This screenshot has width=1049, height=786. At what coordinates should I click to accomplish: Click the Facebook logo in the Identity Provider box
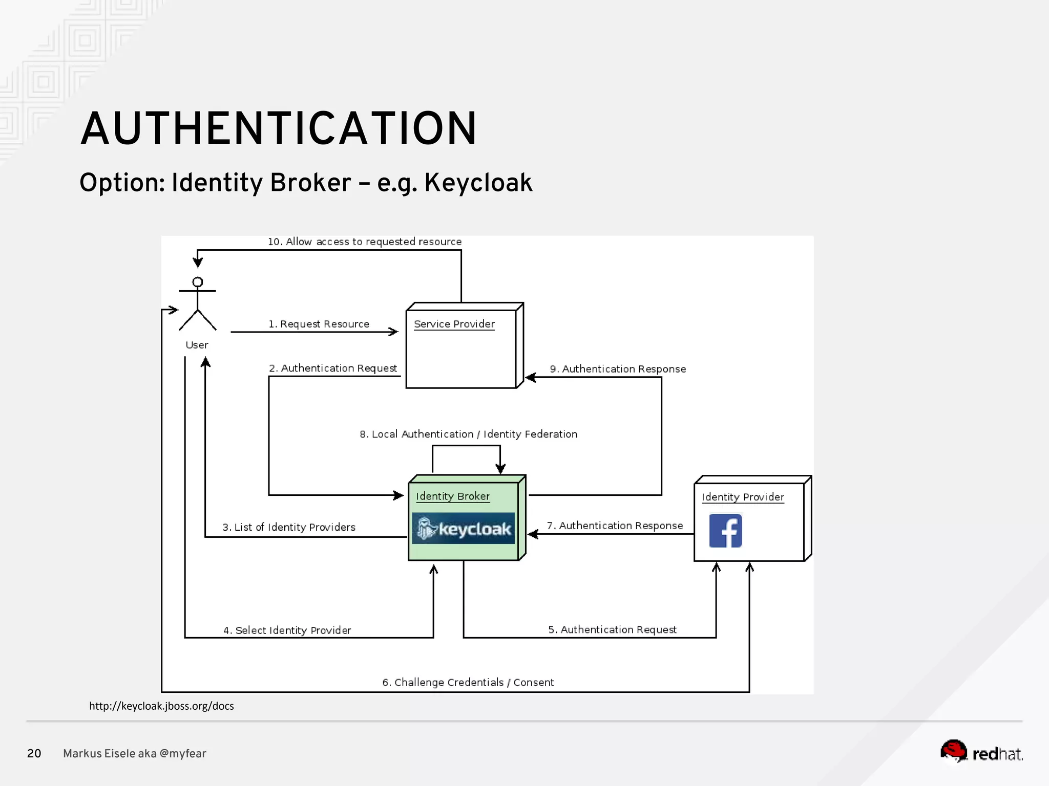725,531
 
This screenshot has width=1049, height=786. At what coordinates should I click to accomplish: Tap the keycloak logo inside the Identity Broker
464,528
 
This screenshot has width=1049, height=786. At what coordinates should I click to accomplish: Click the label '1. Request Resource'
319,324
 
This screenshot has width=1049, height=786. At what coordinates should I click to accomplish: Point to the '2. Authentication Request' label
333,368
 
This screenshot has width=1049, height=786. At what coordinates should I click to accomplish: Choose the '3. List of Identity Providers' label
289,527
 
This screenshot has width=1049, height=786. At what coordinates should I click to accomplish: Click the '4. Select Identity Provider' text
287,630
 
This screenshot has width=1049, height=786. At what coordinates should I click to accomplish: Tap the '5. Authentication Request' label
612,629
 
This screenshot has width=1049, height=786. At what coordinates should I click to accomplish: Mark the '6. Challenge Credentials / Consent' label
468,682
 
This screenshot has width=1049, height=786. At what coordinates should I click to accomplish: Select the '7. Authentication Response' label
615,526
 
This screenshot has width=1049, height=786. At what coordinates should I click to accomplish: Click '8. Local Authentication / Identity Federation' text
468,434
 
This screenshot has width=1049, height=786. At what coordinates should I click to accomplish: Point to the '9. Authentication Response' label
618,369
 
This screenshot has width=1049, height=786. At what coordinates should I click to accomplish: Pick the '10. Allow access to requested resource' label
365,242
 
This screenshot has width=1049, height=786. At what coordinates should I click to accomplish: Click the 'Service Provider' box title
454,324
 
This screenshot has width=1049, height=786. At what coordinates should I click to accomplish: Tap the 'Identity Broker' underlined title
453,496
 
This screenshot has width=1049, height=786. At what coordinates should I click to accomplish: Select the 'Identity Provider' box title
743,497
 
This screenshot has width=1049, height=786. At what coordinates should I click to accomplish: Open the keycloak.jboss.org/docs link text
161,706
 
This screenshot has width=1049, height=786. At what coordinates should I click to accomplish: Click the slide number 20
34,753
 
